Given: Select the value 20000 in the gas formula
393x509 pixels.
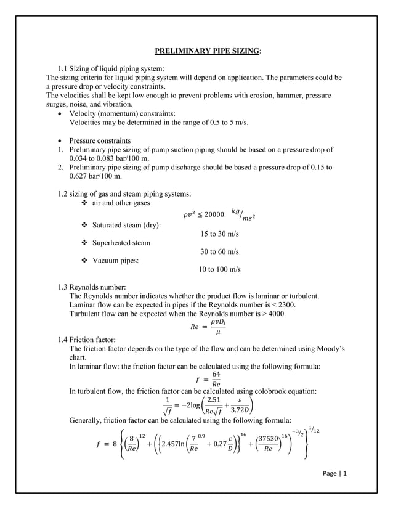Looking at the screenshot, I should tap(213, 214).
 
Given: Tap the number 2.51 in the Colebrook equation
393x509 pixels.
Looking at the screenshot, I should tap(215, 401).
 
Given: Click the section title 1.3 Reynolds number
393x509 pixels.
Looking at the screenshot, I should tap(91, 287).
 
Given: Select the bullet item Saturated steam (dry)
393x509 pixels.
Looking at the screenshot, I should tap(126, 226).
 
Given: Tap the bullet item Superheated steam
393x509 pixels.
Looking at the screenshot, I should tap(121, 243).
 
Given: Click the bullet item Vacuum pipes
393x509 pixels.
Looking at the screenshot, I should tap(115, 261).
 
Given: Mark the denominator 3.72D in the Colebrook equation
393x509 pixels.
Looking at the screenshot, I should tap(242, 412).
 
